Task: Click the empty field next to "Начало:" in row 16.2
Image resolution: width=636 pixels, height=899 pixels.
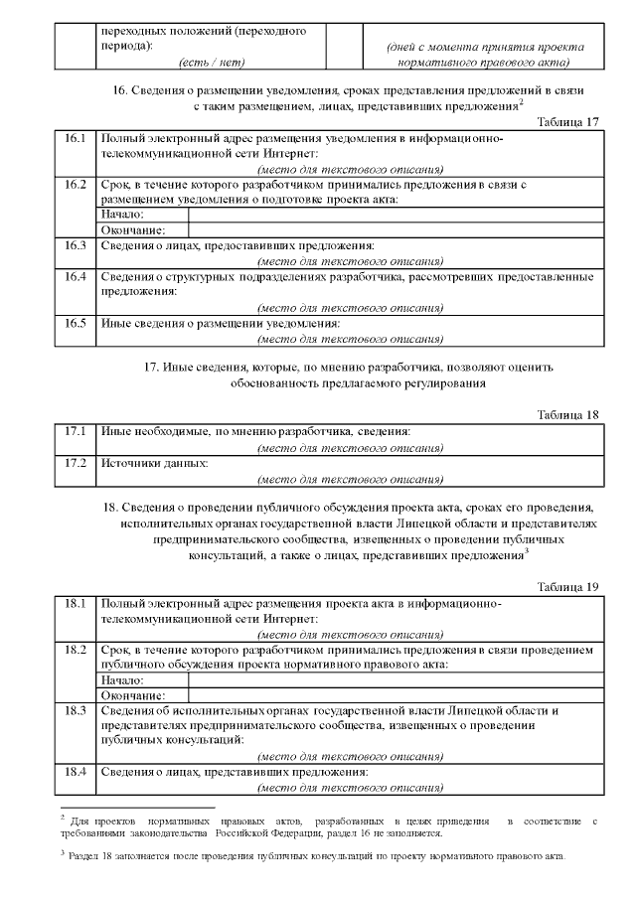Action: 396,215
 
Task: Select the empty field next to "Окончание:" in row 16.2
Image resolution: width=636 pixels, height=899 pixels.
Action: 396,229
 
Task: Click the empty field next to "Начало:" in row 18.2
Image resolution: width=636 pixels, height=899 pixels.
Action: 396,680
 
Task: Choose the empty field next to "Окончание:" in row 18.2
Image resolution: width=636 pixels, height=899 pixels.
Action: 396,695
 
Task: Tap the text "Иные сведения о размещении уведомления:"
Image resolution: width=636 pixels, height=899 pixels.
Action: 221,323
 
